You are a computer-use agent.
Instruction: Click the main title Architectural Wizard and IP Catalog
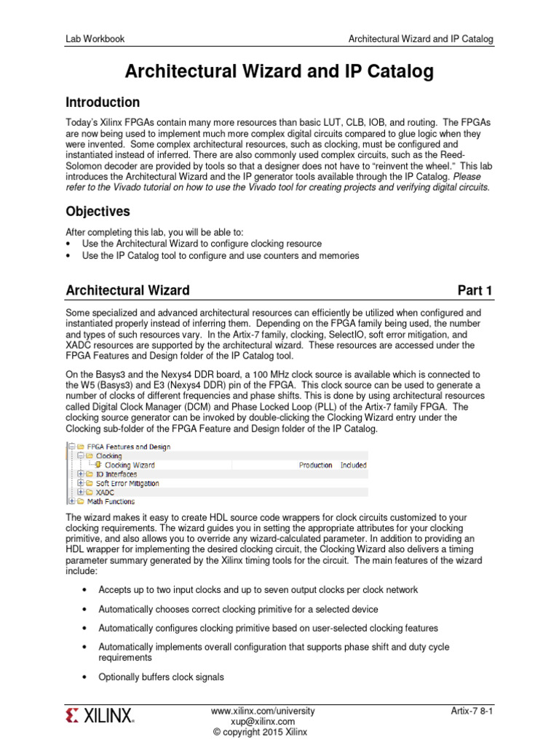[279, 71]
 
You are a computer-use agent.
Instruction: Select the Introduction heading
[103, 103]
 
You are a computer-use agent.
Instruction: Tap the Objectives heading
[98, 212]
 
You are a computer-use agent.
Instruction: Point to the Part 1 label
[475, 291]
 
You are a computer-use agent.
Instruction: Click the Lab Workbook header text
[95, 39]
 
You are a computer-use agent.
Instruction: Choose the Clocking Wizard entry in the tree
[129, 465]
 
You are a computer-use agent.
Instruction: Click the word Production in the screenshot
[316, 465]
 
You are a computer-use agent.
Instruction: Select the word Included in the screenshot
[354, 465]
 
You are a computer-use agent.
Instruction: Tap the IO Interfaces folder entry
[116, 474]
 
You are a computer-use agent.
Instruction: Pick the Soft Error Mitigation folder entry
[127, 483]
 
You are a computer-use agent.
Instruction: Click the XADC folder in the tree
[106, 493]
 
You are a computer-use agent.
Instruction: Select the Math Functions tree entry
[111, 501]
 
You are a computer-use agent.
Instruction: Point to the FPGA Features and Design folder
[128, 447]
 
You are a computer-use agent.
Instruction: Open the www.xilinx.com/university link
[262, 710]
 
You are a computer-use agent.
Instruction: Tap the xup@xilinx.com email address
[262, 721]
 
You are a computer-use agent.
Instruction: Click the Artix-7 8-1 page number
[472, 710]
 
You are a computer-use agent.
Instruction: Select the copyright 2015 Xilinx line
[262, 732]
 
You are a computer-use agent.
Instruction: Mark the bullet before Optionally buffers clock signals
[86, 677]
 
